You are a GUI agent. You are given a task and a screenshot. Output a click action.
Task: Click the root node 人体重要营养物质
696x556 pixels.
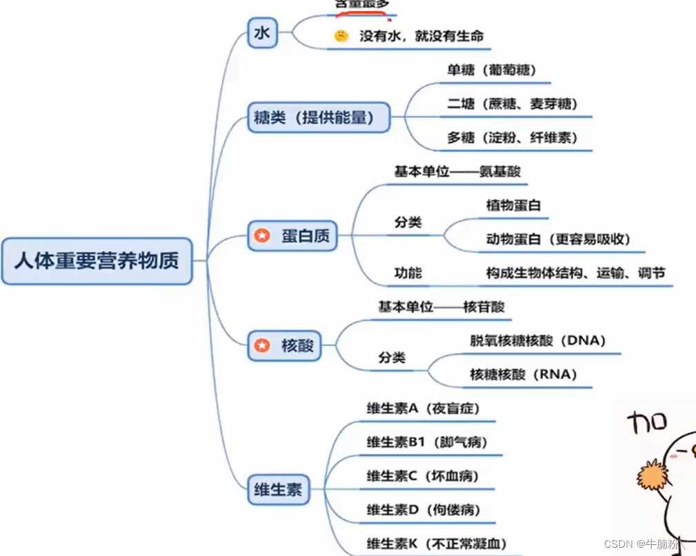pos(97,261)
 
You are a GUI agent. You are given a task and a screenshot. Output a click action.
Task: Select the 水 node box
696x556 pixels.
pos(263,33)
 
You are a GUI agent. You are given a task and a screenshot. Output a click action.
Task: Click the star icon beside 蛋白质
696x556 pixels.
pos(262,236)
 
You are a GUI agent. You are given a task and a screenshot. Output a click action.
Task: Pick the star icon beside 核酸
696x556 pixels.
pos(262,345)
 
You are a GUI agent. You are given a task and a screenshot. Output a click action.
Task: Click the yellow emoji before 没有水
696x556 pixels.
pos(341,36)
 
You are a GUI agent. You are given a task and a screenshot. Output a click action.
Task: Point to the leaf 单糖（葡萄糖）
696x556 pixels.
pos(492,70)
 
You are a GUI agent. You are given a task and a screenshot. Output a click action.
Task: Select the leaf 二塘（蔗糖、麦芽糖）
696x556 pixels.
pos(510,104)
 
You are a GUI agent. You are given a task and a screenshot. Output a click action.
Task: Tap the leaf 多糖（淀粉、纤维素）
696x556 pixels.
pos(510,137)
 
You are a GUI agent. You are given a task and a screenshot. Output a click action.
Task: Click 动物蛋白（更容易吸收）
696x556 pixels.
pos(558,239)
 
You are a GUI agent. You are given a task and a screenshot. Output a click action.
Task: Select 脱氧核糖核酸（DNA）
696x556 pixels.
pos(537,341)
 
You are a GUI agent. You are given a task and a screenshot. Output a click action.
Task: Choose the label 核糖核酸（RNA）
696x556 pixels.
pos(523,375)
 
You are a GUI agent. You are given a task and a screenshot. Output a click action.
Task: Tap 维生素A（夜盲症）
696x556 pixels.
pos(422,409)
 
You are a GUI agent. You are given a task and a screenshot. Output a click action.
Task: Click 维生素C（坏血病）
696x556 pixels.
pos(422,476)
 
